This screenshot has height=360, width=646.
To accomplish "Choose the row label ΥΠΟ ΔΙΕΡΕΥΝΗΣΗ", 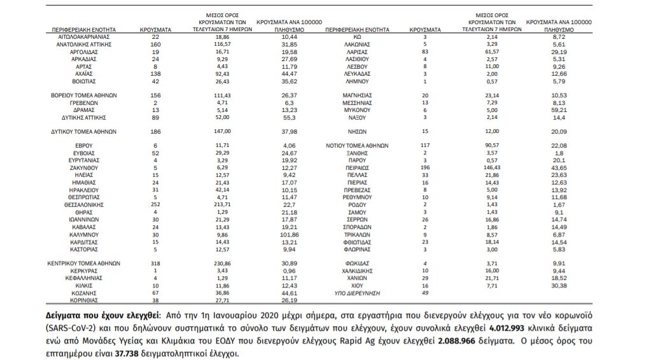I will pos(358,293).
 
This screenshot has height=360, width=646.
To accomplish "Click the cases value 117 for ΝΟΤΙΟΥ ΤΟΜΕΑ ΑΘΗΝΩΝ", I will pos(425,146).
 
